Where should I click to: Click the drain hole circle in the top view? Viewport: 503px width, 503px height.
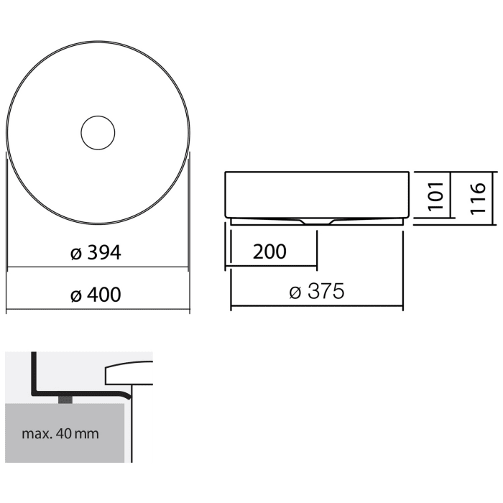point(98,132)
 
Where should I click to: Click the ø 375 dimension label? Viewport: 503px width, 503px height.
point(316,292)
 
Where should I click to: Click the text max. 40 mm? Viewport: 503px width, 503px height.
point(60,434)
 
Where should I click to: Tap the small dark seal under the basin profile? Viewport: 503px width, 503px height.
point(67,399)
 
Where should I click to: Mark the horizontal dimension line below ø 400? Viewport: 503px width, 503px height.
point(98,312)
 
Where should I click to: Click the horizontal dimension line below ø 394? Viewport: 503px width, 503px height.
point(98,269)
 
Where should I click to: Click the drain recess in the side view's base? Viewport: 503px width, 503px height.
point(317,222)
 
